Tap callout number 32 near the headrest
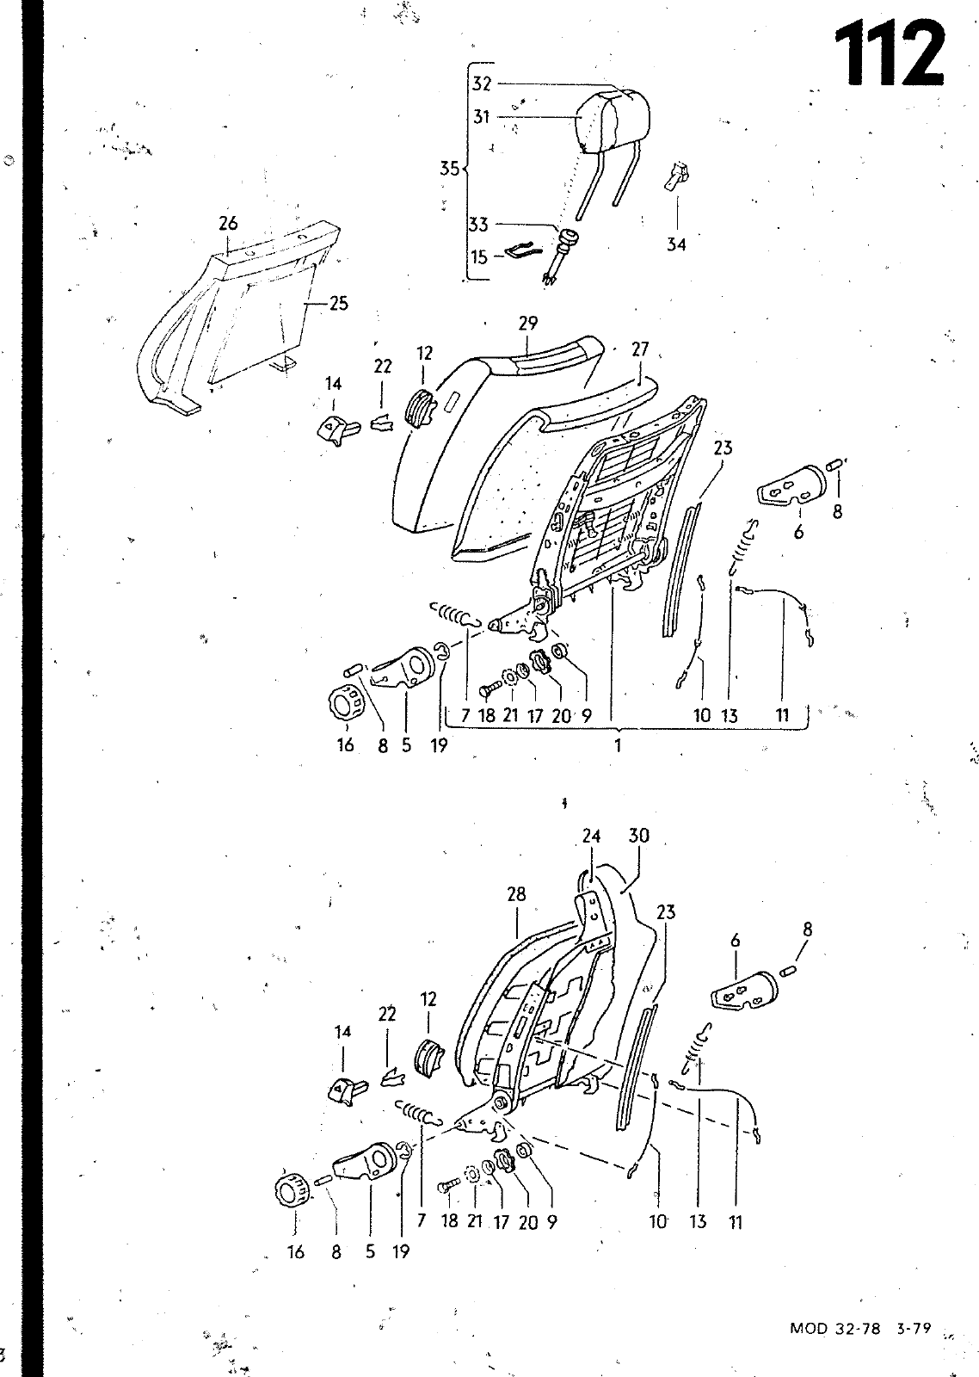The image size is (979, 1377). click(482, 83)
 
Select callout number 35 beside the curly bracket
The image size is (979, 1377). click(450, 168)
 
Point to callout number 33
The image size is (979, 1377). click(478, 225)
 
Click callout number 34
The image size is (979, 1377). click(676, 244)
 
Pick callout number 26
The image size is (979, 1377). click(228, 223)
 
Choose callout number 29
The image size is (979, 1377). click(528, 324)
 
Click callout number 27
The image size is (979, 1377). click(640, 349)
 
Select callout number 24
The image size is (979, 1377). click(591, 836)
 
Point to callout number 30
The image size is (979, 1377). click(639, 836)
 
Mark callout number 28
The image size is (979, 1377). click(517, 894)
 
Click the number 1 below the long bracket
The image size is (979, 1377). click(619, 745)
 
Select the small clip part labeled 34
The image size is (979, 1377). click(677, 176)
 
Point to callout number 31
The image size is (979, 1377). click(482, 117)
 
